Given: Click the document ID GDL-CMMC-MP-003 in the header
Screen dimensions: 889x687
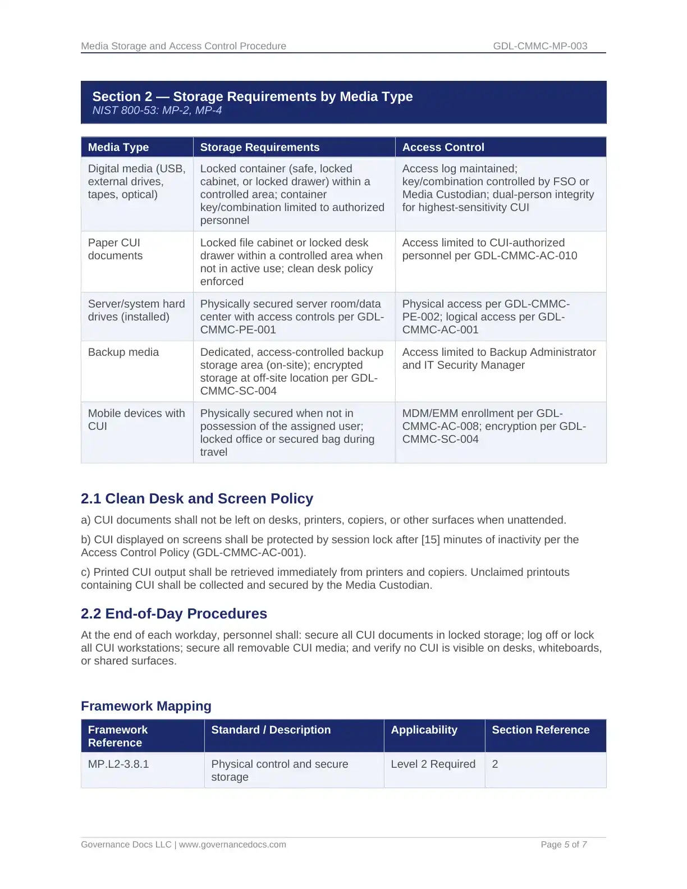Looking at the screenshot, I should pos(540,46).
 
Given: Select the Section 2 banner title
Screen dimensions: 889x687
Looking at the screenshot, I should pos(252,97).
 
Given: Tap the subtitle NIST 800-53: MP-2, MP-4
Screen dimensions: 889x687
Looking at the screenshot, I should pos(157,111).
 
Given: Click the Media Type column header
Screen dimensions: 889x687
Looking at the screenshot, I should pos(118,147).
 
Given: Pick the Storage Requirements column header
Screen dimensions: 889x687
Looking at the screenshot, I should pos(259,147).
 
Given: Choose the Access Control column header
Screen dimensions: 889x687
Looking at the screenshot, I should pos(443,147).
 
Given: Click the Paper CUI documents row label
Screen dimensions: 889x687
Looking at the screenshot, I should pos(115,249).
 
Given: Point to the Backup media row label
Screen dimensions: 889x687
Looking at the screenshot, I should pos(123,352).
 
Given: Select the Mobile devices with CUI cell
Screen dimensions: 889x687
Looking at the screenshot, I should pos(136,420).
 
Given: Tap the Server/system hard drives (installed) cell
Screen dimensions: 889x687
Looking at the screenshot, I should pos(136,310).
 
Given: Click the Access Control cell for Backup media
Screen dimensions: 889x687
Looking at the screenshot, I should pos(499,359).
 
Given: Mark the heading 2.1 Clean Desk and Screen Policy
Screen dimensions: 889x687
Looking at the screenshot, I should pos(197,498).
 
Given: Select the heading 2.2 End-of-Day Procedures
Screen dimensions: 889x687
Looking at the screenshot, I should pos(174,613).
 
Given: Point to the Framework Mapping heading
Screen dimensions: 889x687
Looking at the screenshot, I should pos(146,706).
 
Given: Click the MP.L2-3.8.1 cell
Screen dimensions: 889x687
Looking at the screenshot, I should pos(118,764).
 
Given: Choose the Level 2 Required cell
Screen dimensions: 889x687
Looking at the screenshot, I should pos(433,764).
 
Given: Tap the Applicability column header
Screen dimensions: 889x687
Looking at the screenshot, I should pos(424,730).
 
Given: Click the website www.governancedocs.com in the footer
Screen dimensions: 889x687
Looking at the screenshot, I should pos(232,844).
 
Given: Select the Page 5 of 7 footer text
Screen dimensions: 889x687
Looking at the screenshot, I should pos(564,844).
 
